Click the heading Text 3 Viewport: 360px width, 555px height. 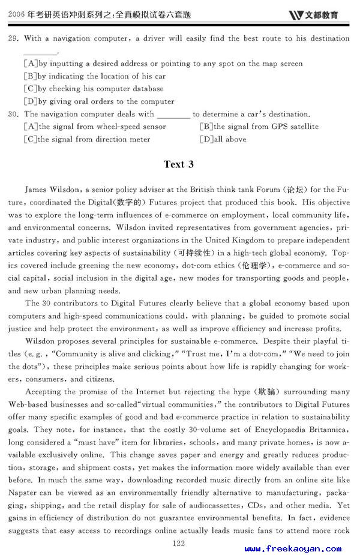tap(179, 164)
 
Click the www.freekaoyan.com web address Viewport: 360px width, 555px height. tap(293, 548)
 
